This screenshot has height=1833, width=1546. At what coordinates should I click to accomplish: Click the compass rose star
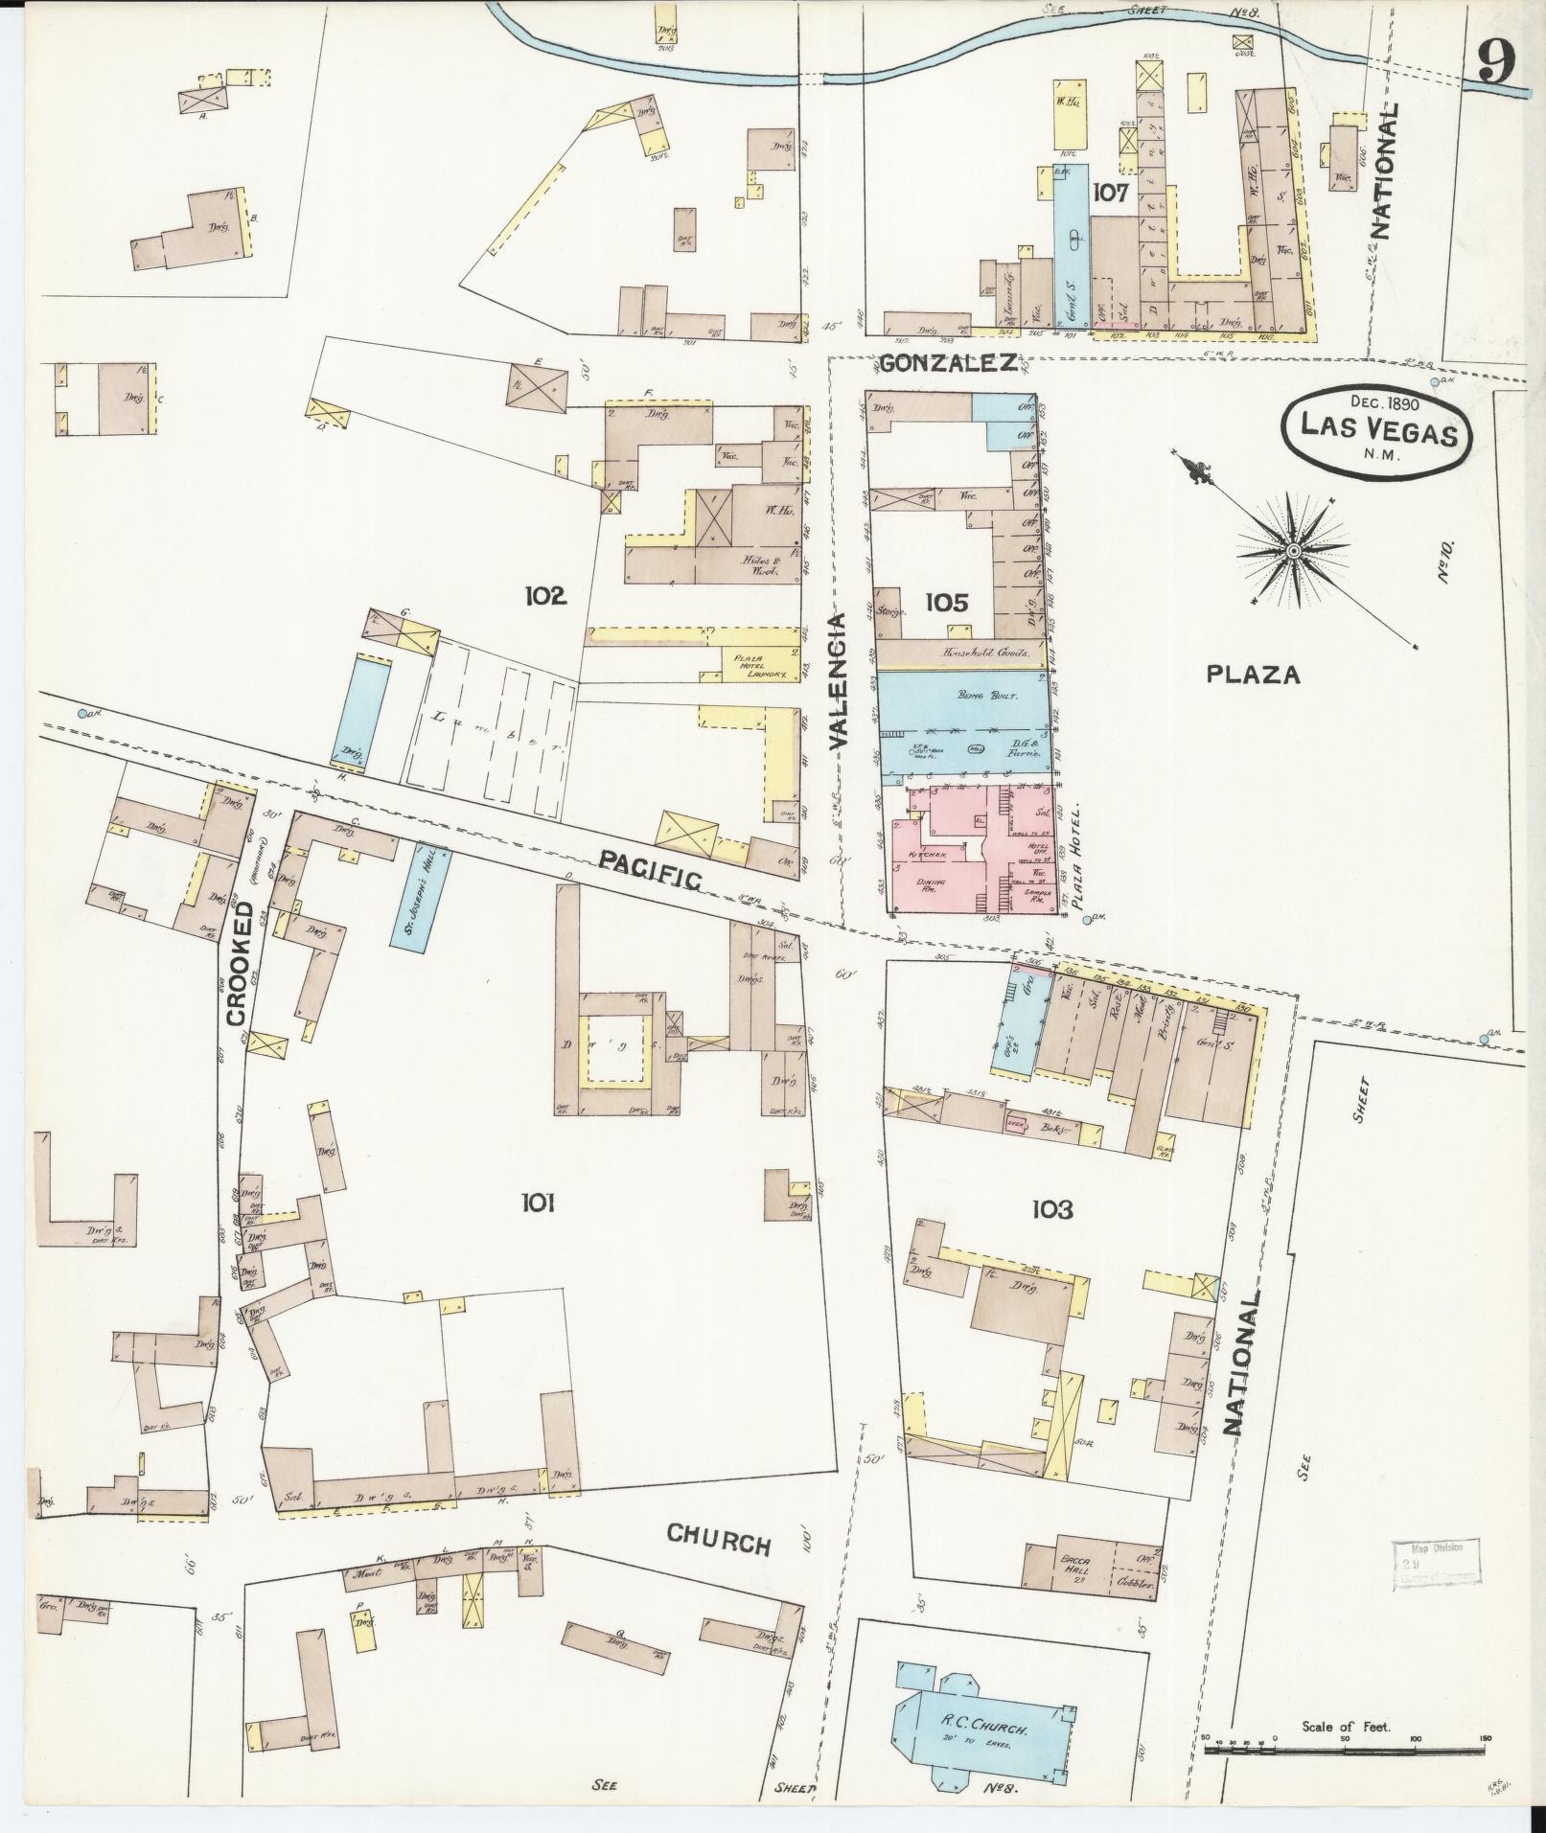[x=1292, y=550]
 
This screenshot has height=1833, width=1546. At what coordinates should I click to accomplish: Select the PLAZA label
[x=1253, y=675]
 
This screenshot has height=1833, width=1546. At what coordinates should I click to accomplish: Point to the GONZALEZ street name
[x=948, y=364]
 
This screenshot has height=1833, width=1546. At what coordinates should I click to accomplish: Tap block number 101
[x=539, y=1203]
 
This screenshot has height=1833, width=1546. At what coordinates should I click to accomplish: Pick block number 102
[x=546, y=596]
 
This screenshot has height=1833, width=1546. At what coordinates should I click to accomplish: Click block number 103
[x=1051, y=1210]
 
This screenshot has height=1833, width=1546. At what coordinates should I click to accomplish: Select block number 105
[x=947, y=602]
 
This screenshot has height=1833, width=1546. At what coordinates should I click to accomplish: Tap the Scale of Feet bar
[x=1344, y=1751]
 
